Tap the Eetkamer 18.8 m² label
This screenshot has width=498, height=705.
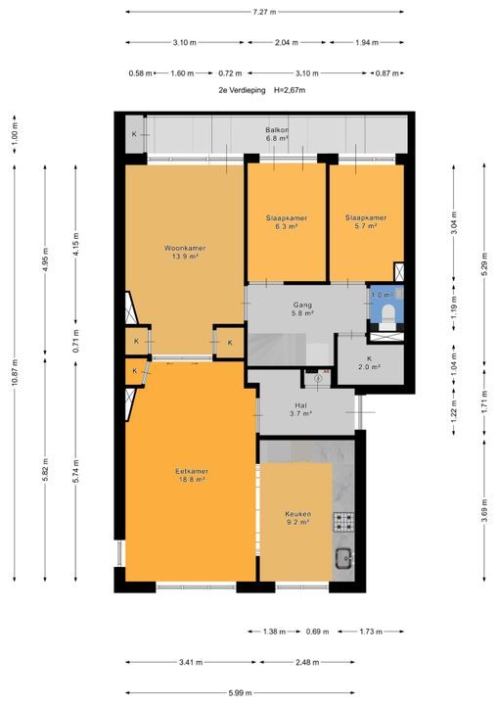192,475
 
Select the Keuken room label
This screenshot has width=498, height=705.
298,518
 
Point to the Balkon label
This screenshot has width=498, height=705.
277,134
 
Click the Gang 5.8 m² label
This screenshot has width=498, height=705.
302,308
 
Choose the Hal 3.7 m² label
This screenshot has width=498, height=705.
301,409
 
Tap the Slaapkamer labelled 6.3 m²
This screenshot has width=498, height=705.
287,222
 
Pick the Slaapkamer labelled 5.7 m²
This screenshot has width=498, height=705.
366,221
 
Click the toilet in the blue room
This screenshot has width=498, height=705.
387,314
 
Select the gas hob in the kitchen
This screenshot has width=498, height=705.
343,522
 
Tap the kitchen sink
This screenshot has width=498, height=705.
344,559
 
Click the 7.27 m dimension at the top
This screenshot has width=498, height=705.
264,12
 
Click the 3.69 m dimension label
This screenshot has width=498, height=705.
484,511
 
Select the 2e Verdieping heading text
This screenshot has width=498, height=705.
242,90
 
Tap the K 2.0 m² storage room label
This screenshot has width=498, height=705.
369,362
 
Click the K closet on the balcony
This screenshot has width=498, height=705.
134,134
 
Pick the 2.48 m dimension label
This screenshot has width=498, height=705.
307,662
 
